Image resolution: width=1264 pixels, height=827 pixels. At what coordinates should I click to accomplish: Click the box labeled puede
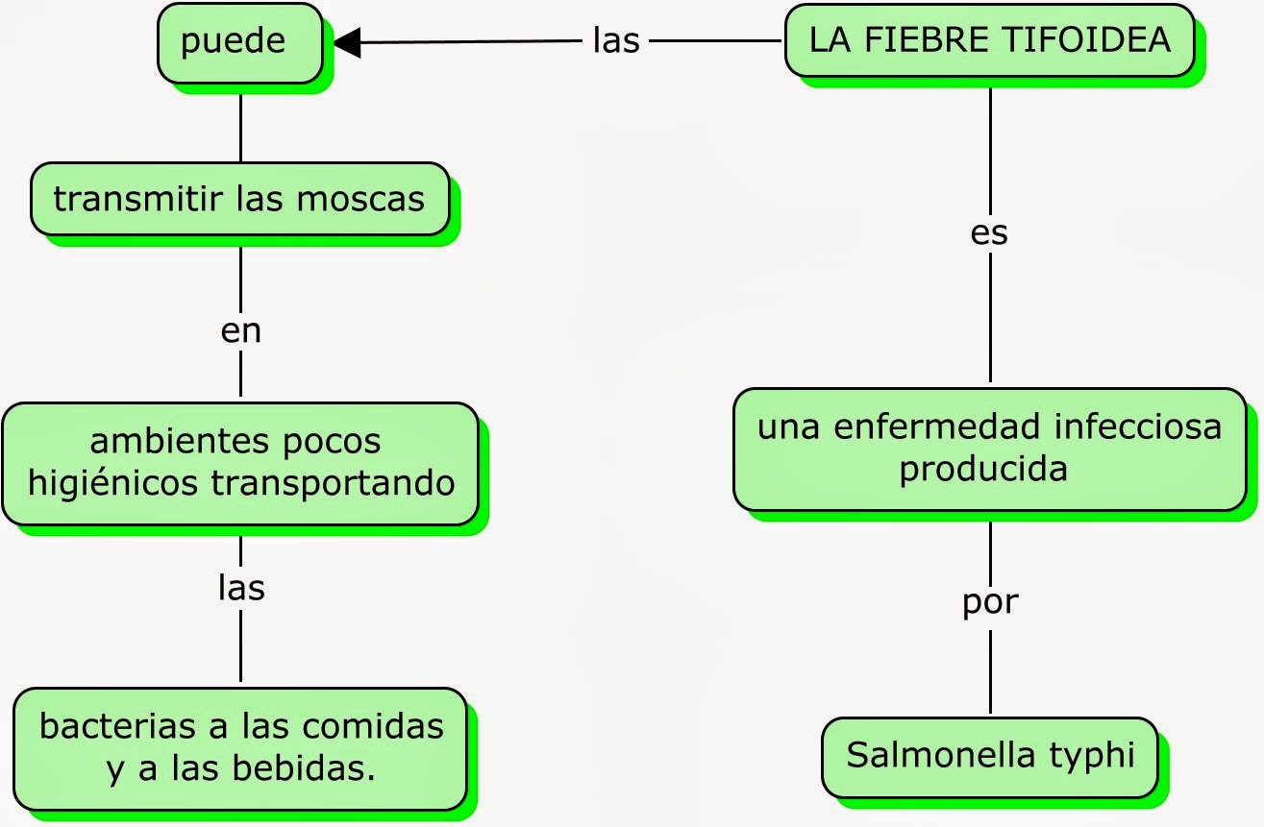coord(240,43)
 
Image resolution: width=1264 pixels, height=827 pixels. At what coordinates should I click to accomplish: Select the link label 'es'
coord(989,233)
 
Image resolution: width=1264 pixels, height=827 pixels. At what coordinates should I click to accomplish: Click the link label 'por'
coord(989,602)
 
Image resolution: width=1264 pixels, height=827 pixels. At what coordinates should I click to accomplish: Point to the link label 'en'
coord(240,330)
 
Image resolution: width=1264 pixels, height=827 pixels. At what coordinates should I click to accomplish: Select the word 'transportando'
coord(333,483)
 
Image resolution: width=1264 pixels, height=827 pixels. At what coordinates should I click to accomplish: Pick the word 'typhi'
coord(1093,755)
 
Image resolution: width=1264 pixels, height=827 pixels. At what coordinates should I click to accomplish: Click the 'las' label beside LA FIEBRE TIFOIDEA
coord(616,41)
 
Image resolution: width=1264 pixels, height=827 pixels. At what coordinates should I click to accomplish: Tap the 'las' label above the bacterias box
coord(240,587)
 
